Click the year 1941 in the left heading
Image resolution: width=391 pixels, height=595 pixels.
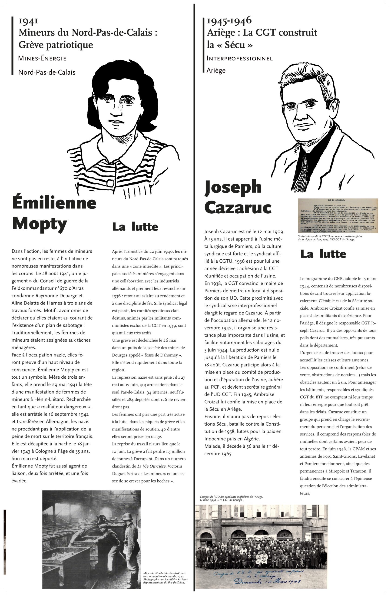tap(28, 21)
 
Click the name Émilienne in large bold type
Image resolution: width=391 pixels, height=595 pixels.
tap(54, 203)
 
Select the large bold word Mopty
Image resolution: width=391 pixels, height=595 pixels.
tap(40, 224)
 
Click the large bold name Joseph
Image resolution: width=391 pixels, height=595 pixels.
tap(233, 187)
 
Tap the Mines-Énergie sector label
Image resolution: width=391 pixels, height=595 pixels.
tap(42, 59)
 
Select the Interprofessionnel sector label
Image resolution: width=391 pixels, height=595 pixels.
tap(239, 59)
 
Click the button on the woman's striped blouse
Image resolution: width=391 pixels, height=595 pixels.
tap(110, 183)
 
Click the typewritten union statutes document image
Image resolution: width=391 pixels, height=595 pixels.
tap(338, 215)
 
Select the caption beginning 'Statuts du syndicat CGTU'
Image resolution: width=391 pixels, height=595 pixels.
tap(330, 238)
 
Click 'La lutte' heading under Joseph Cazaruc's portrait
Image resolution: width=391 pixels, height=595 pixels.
tap(323, 254)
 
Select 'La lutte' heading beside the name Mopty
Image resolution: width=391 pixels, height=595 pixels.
tap(135, 227)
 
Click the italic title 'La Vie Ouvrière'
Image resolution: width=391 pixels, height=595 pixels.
tap(152, 466)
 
